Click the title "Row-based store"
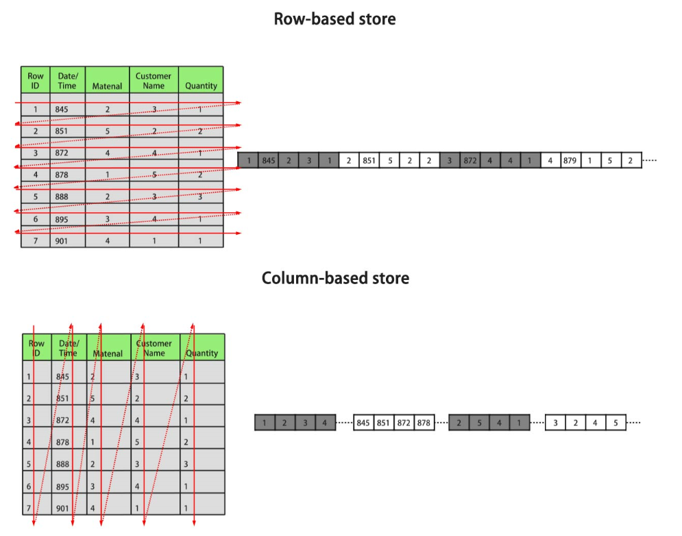334,19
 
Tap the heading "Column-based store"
335,279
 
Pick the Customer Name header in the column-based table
154,348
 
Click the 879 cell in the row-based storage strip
570,161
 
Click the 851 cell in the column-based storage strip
383,423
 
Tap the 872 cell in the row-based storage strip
470,161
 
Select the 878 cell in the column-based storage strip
424,423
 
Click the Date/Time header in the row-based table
67,81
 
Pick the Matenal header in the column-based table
108,354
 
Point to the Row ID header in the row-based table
36,81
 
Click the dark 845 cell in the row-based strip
268,161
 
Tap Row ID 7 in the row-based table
35,241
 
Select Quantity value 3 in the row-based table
200,196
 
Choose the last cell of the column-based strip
616,423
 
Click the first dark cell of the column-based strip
265,423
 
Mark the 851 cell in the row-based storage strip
369,161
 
